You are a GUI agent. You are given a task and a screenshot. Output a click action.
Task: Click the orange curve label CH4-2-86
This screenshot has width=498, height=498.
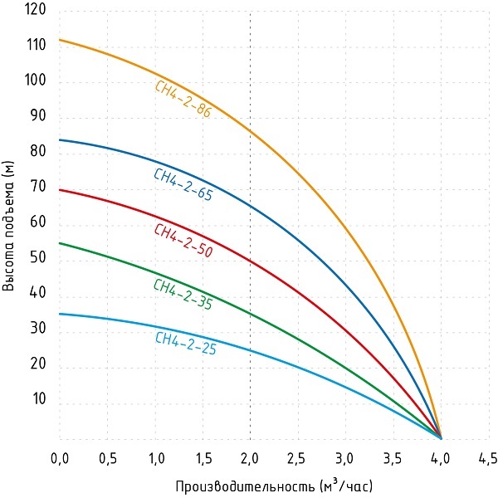[183, 99]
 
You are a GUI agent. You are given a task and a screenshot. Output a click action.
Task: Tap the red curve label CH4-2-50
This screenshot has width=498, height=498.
[183, 241]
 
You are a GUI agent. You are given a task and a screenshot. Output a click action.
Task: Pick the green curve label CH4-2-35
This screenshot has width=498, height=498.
[183, 295]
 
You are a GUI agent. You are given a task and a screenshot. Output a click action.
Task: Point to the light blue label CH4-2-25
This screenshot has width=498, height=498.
[186, 344]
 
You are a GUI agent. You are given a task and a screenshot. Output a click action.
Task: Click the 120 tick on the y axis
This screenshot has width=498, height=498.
[36, 13]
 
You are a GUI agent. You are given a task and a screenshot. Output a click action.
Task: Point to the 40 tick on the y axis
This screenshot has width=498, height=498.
[38, 295]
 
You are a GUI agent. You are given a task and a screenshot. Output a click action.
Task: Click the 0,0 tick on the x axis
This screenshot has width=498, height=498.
[59, 457]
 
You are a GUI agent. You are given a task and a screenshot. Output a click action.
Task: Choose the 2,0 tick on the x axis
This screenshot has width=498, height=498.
[250, 457]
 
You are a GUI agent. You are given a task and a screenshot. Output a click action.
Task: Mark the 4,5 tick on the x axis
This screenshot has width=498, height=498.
[488, 457]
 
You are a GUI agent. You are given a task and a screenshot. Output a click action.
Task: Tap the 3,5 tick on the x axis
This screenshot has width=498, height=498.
[393, 457]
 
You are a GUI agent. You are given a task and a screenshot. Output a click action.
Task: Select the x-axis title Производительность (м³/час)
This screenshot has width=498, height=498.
[279, 483]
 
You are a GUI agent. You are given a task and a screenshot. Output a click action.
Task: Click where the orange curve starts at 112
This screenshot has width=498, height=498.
[60, 40]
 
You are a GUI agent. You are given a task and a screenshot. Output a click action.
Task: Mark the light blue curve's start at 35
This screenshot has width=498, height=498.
[60, 314]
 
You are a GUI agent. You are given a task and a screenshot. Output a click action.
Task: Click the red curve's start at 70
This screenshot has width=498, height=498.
[60, 190]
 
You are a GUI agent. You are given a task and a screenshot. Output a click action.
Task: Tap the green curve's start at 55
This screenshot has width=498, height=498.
[60, 243]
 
